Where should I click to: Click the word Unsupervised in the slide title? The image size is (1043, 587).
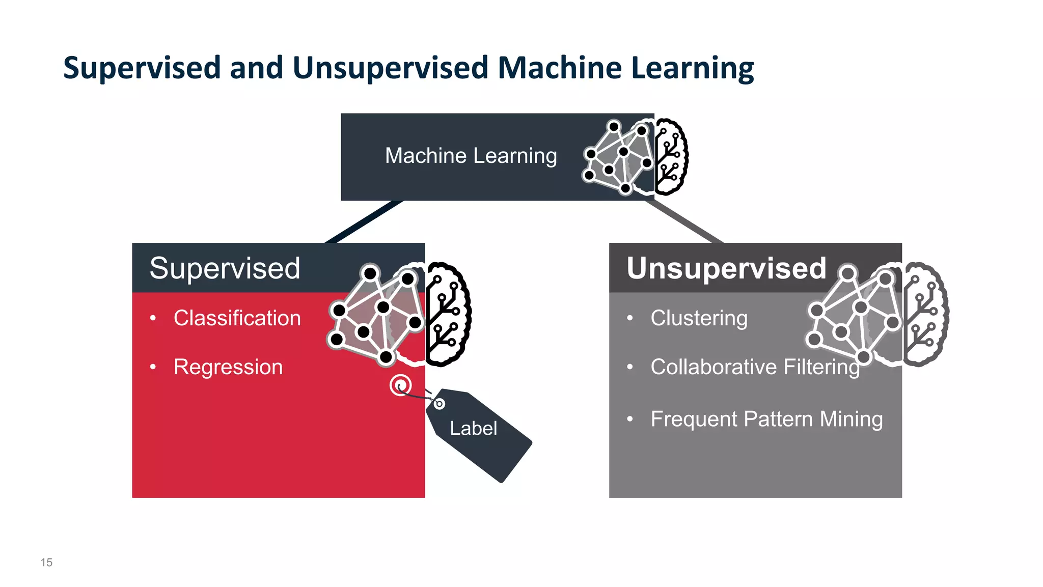click(390, 68)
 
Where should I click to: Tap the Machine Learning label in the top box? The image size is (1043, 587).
click(471, 156)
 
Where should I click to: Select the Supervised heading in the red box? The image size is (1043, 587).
click(225, 268)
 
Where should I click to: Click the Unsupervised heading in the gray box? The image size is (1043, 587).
click(726, 268)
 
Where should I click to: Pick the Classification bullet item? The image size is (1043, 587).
click(237, 318)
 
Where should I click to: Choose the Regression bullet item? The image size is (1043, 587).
click(228, 367)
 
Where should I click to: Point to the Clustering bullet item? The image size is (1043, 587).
click(699, 318)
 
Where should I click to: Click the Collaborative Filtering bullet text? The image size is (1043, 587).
click(755, 367)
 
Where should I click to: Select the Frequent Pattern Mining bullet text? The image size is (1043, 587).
click(766, 419)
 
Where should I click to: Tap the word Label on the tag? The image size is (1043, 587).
click(473, 429)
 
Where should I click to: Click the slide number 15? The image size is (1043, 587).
click(46, 563)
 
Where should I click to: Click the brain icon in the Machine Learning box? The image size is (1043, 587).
click(636, 157)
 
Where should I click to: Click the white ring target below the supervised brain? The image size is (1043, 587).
click(400, 385)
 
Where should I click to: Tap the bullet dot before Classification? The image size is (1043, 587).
click(153, 319)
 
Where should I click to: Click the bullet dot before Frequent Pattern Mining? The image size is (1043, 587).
click(630, 419)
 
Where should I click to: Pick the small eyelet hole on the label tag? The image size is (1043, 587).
click(439, 404)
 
